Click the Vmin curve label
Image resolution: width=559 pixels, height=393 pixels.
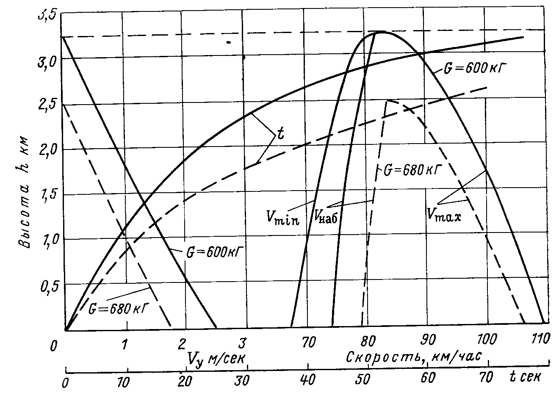tap(283, 217)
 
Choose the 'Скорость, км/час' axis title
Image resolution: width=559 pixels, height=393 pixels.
tap(414, 357)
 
